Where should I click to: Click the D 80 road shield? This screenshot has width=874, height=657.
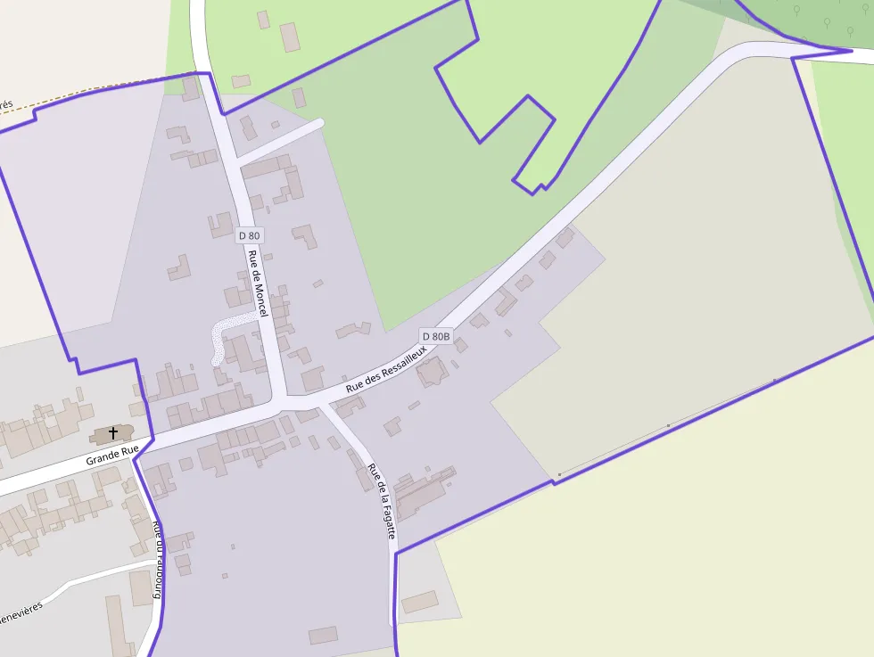pos(250,235)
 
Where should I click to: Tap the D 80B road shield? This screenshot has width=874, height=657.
pos(436,336)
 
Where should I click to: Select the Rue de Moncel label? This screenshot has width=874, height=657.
pos(257,283)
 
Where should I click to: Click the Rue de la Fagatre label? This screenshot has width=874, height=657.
pos(382,501)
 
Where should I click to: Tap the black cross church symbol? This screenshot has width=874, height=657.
pos(113,433)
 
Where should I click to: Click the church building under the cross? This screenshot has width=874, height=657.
pos(109,437)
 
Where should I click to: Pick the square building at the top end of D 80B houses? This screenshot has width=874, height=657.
pos(565,238)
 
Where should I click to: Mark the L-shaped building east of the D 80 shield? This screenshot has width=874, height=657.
pos(305,236)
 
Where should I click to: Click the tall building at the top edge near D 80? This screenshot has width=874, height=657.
pos(290,37)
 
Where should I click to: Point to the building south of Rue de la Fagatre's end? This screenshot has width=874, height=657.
pos(419,603)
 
